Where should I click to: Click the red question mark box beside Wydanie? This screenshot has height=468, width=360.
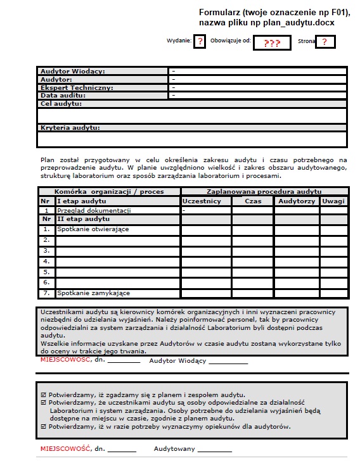pos(200,42)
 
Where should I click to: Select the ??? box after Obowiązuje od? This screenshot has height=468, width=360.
pos(272,43)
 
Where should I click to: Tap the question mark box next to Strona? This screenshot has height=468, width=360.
pos(325,42)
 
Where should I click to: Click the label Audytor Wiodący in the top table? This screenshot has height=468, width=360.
pos(73,72)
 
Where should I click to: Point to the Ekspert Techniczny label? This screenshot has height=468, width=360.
pos(77,87)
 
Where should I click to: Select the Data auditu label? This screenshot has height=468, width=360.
pos(63,95)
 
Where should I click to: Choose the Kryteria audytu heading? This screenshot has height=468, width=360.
pos(70,128)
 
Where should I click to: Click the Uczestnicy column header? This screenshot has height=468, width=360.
pos(202,201)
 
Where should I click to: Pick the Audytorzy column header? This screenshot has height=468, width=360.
pos(296,201)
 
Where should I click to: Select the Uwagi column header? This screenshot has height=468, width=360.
pos(333,201)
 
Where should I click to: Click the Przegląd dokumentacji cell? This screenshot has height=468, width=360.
pos(94,210)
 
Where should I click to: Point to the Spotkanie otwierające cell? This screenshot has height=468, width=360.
pos(93,229)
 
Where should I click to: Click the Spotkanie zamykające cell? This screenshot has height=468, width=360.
pos(93,293)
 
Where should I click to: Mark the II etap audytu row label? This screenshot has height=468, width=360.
pos(84,219)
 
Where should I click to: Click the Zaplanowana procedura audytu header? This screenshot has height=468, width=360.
pos(264,191)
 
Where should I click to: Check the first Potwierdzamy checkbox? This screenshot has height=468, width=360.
pos(43,393)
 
